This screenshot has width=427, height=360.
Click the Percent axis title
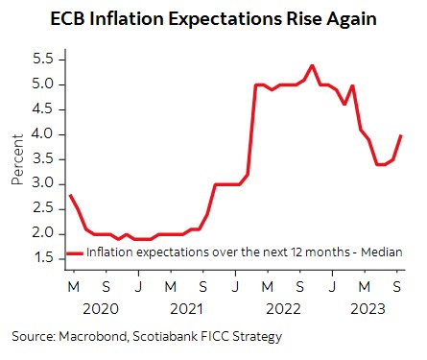pyautogui.click(x=16, y=159)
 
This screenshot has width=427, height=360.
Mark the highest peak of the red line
pyautogui.click(x=313, y=65)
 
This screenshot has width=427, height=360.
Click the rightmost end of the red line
pyautogui.click(x=400, y=135)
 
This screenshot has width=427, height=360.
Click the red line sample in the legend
pyautogui.click(x=75, y=252)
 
